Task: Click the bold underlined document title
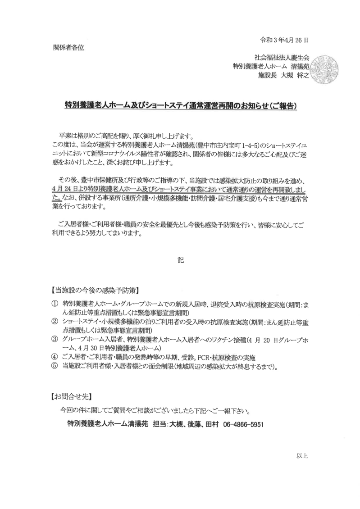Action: [180, 107]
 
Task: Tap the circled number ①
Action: [55, 304]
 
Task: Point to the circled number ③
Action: [55, 339]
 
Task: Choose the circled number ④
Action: [55, 357]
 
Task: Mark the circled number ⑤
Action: [55, 366]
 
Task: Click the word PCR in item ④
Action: [210, 357]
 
